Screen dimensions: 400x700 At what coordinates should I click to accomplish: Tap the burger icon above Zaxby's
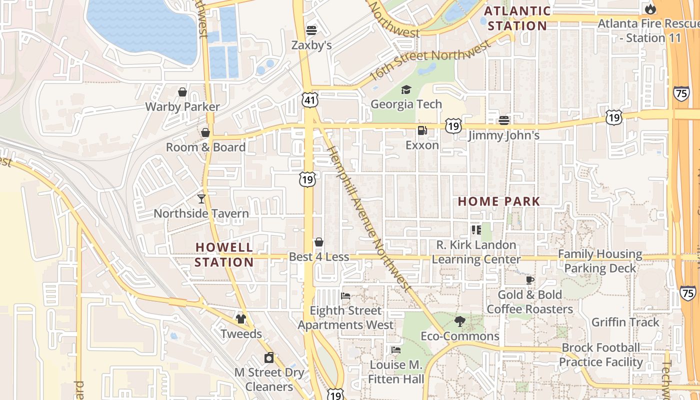tap(311, 30)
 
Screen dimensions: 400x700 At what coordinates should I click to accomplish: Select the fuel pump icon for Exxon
tap(422, 130)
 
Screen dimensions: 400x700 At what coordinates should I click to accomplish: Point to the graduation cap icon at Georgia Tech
tap(406, 89)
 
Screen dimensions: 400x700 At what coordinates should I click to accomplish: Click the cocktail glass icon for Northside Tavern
tap(201, 199)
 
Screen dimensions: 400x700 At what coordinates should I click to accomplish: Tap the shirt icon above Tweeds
tap(241, 319)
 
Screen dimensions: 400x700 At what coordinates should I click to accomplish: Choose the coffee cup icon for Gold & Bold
tap(530, 280)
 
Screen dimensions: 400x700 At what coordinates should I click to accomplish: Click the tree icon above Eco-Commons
tap(459, 321)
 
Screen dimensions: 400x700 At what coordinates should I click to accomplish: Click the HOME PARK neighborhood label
tap(499, 201)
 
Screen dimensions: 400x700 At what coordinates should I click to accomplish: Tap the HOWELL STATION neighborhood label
tap(224, 254)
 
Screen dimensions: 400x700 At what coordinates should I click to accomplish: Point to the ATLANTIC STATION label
tap(517, 18)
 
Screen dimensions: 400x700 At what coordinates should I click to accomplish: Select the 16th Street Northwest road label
tap(430, 61)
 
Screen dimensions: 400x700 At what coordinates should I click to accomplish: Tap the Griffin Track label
tap(625, 322)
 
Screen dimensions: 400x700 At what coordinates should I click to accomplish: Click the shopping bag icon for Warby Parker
tap(182, 92)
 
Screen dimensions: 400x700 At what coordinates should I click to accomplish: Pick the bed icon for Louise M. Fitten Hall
tap(396, 350)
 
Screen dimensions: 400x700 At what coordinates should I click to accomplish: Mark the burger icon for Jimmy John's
tap(503, 120)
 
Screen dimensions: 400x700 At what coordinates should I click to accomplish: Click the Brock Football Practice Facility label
tap(601, 354)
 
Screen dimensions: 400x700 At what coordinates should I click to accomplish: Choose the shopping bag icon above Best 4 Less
tap(319, 242)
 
